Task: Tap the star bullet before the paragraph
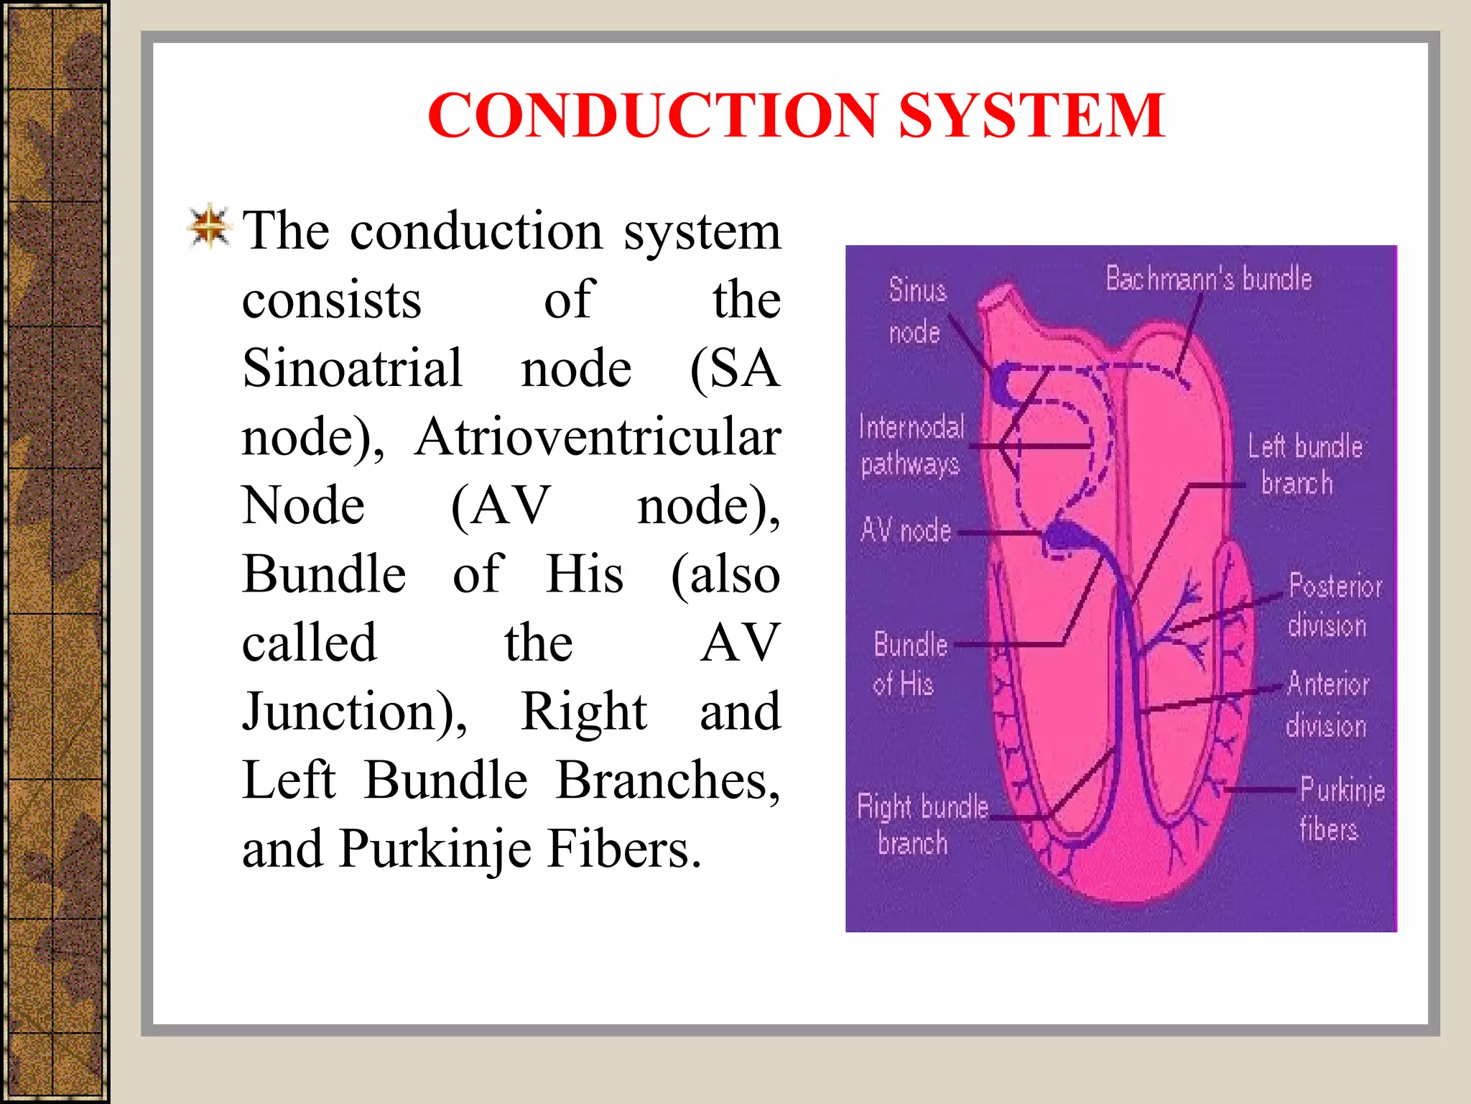tap(209, 226)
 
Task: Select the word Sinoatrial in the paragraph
tap(352, 368)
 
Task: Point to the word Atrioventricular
tap(598, 437)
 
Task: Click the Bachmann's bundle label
tap(1208, 279)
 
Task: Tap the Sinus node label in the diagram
tap(917, 310)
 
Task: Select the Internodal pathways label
tap(911, 446)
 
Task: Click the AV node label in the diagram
tap(905, 530)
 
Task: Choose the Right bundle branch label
tap(921, 824)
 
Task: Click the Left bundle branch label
tap(1303, 464)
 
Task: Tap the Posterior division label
tap(1333, 605)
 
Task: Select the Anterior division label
tap(1327, 704)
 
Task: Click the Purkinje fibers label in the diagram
tap(1340, 809)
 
